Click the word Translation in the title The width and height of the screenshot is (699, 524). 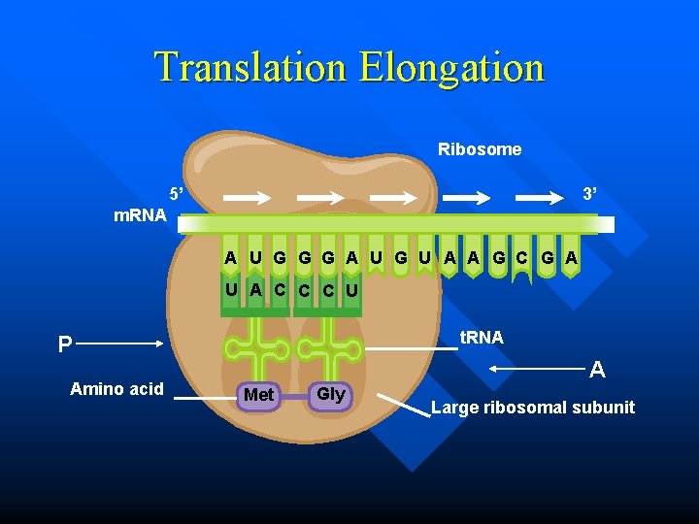(x=252, y=68)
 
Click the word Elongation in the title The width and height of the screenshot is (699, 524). (x=451, y=68)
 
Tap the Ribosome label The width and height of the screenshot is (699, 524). (x=480, y=149)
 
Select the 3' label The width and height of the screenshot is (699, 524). (x=588, y=194)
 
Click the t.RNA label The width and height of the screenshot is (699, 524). (x=482, y=338)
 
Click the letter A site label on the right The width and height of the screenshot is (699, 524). (x=598, y=370)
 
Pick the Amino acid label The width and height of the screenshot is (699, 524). (x=116, y=389)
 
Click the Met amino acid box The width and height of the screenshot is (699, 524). (x=258, y=395)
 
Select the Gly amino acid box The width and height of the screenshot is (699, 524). (x=330, y=394)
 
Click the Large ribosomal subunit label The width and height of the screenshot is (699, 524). (x=533, y=408)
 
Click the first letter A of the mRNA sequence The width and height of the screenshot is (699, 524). (x=230, y=258)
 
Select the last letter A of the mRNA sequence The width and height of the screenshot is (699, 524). (x=572, y=258)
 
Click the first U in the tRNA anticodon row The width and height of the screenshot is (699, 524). (x=230, y=289)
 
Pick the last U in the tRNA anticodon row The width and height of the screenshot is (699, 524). (x=351, y=290)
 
